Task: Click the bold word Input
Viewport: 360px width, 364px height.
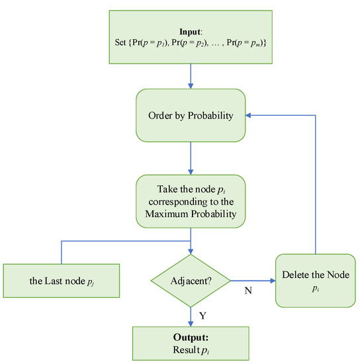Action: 191,30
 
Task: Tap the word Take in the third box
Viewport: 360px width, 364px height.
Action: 159,188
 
